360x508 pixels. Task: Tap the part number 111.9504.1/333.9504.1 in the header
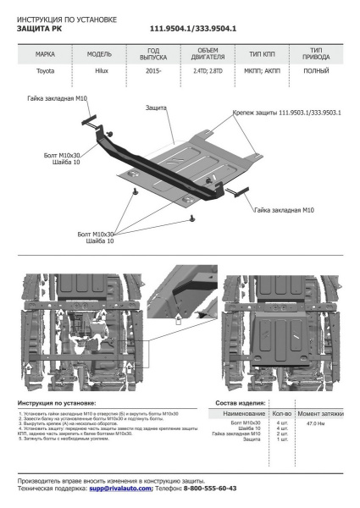193,28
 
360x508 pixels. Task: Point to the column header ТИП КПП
261,53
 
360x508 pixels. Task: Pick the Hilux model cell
99,73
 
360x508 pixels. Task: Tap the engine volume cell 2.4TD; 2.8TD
208,73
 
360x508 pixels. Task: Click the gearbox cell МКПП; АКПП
261,73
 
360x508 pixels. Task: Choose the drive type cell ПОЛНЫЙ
316,73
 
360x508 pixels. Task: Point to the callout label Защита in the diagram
155,108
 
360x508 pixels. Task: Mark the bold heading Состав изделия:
241,402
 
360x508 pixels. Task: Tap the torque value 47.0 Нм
315,422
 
